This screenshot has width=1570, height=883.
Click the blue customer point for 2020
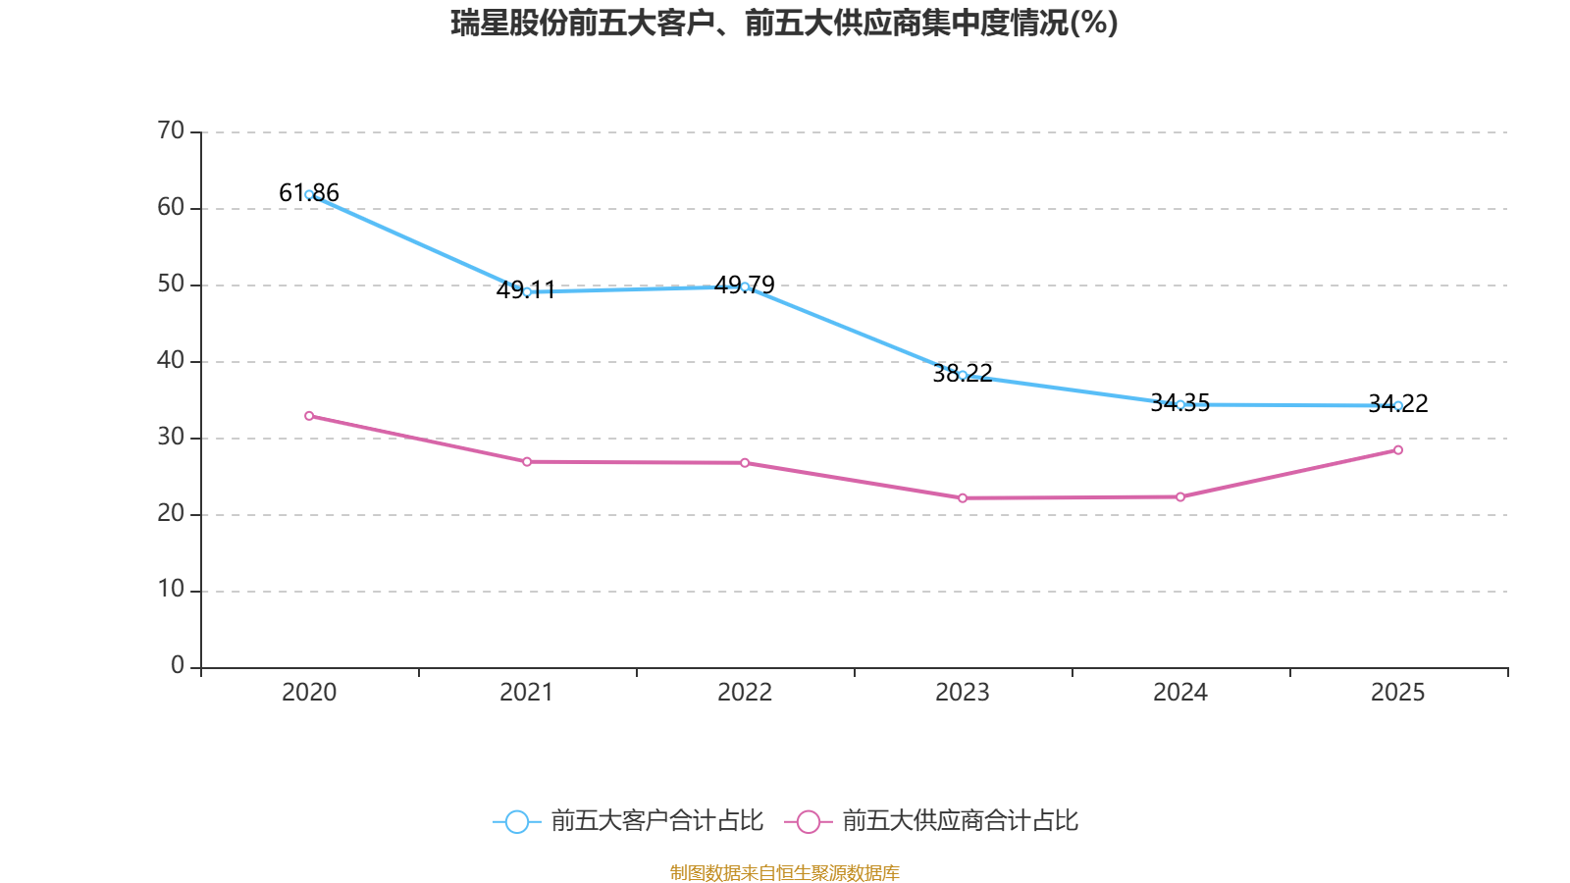[x=309, y=194]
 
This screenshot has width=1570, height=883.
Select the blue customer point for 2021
[x=527, y=291]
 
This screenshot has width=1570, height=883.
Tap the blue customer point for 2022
[x=745, y=286]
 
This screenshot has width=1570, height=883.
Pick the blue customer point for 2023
[x=963, y=375]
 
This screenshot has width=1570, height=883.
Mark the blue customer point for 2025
[x=1398, y=405]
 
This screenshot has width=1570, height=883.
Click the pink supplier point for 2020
[x=309, y=416]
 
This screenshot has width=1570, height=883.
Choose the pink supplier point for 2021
[x=527, y=461]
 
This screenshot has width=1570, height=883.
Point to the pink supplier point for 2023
[x=963, y=498]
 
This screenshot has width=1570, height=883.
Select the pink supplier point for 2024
[x=1180, y=496]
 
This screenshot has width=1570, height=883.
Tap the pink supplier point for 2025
[x=1398, y=450]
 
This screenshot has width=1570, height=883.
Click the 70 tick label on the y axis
[x=171, y=130]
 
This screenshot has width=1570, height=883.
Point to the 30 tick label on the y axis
[x=171, y=437]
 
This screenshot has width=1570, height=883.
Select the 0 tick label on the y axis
[x=178, y=666]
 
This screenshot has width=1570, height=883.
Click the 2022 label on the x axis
[x=745, y=693]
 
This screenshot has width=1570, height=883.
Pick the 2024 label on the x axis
[x=1180, y=693]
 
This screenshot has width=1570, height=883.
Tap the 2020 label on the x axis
[x=309, y=693]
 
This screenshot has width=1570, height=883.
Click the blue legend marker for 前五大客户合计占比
[x=516, y=822]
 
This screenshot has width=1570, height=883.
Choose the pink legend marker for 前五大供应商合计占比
[x=808, y=822]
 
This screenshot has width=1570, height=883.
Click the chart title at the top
[x=784, y=23]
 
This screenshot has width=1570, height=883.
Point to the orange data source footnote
[x=784, y=872]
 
